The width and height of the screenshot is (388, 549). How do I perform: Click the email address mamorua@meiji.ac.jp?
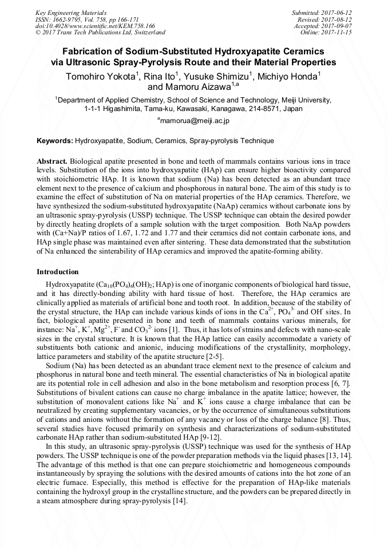pos(195,121)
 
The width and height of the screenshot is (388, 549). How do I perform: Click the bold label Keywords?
pos(54,140)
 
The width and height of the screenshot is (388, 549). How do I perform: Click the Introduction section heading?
pos(58,271)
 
